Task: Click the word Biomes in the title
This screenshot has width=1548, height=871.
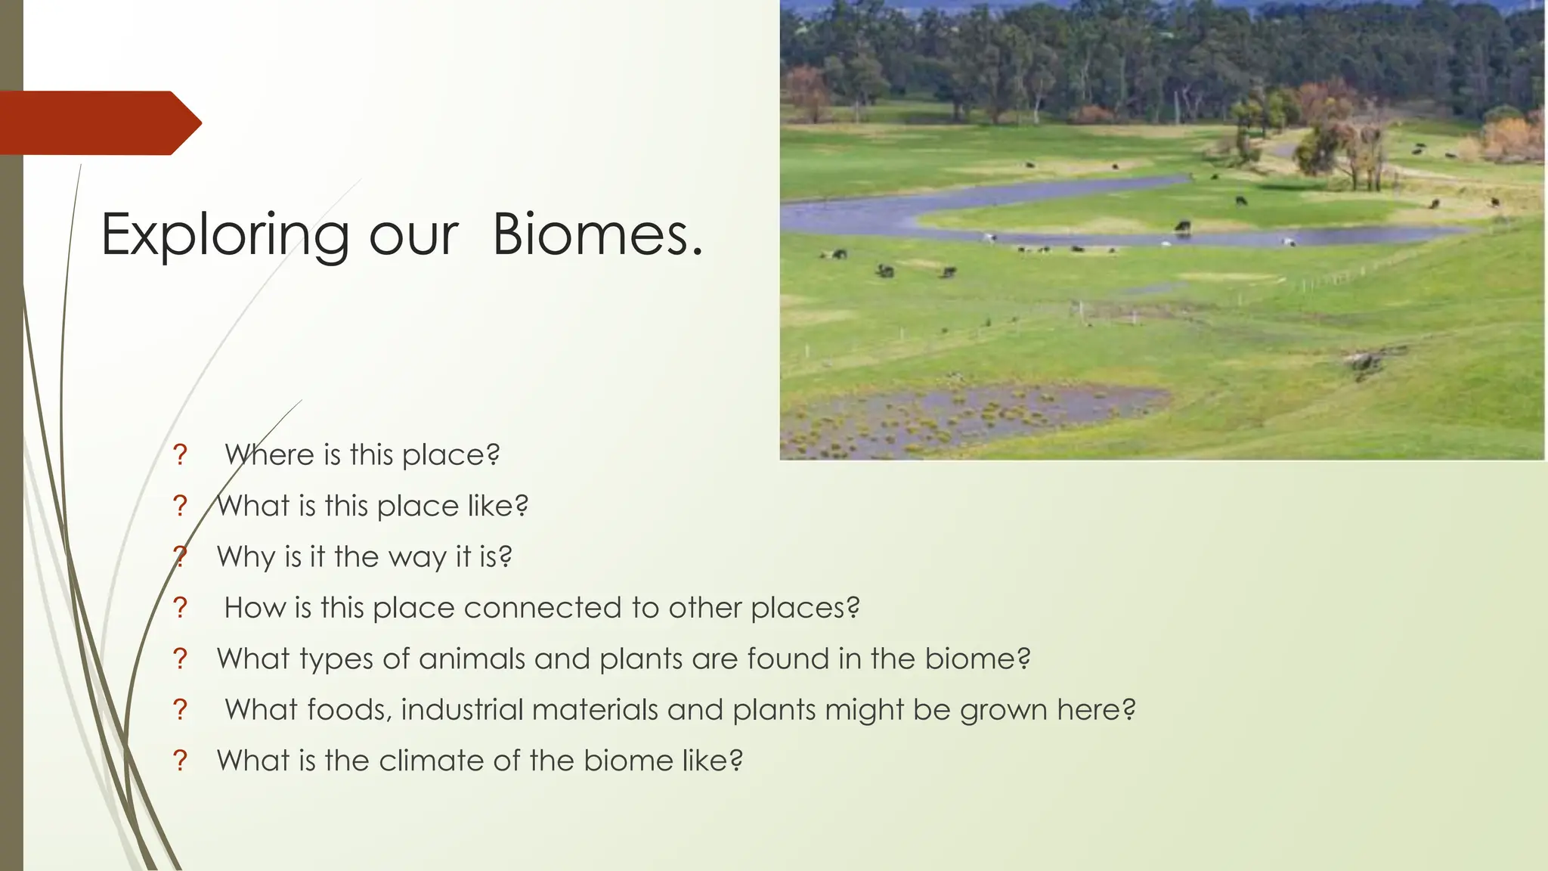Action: coord(597,234)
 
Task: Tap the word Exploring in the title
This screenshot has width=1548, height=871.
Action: coord(224,236)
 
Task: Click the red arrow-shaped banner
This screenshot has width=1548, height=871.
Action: coord(98,122)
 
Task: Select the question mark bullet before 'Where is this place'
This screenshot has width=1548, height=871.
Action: coord(180,454)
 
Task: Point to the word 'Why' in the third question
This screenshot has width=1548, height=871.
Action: coord(246,557)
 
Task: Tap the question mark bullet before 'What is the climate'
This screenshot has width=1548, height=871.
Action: coord(180,761)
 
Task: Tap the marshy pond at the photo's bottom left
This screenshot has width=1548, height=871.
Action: coord(967,416)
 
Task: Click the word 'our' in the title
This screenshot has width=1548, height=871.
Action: coord(413,236)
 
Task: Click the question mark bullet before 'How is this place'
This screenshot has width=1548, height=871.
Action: coord(180,607)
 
